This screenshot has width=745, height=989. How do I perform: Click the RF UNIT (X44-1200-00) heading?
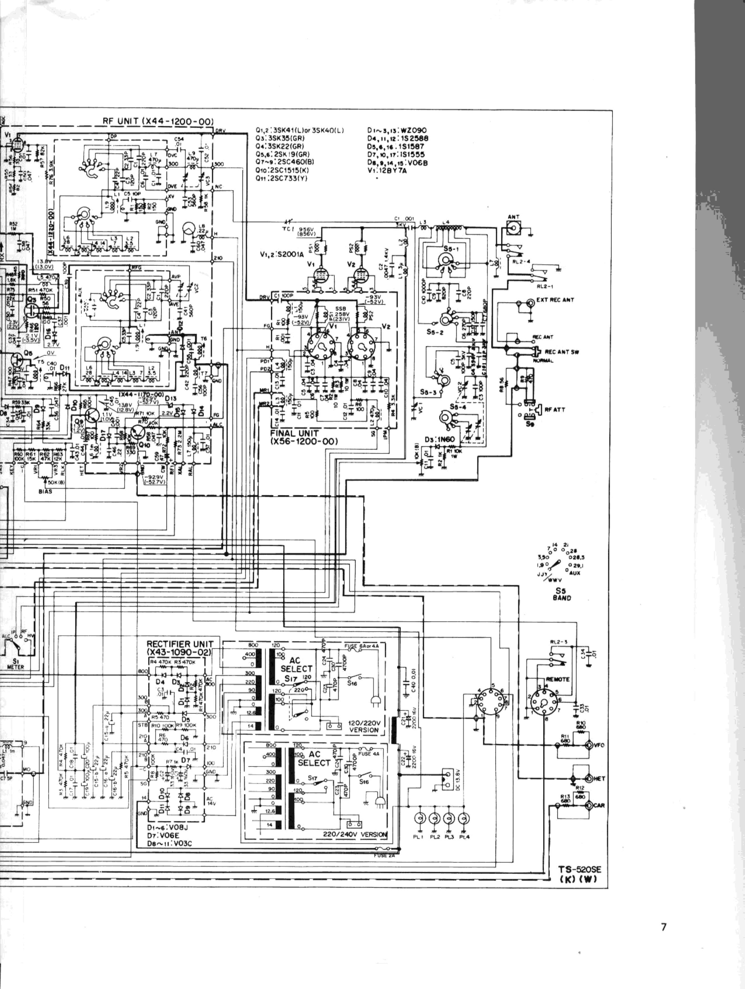(x=158, y=122)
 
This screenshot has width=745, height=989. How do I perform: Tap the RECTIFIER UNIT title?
(x=180, y=644)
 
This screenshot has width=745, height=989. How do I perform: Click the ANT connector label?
(x=513, y=217)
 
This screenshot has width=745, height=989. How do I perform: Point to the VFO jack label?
(x=600, y=745)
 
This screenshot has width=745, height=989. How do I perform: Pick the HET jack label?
(x=600, y=778)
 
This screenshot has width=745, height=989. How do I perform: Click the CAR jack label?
(x=600, y=806)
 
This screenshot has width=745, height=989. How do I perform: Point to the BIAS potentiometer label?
(x=45, y=492)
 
